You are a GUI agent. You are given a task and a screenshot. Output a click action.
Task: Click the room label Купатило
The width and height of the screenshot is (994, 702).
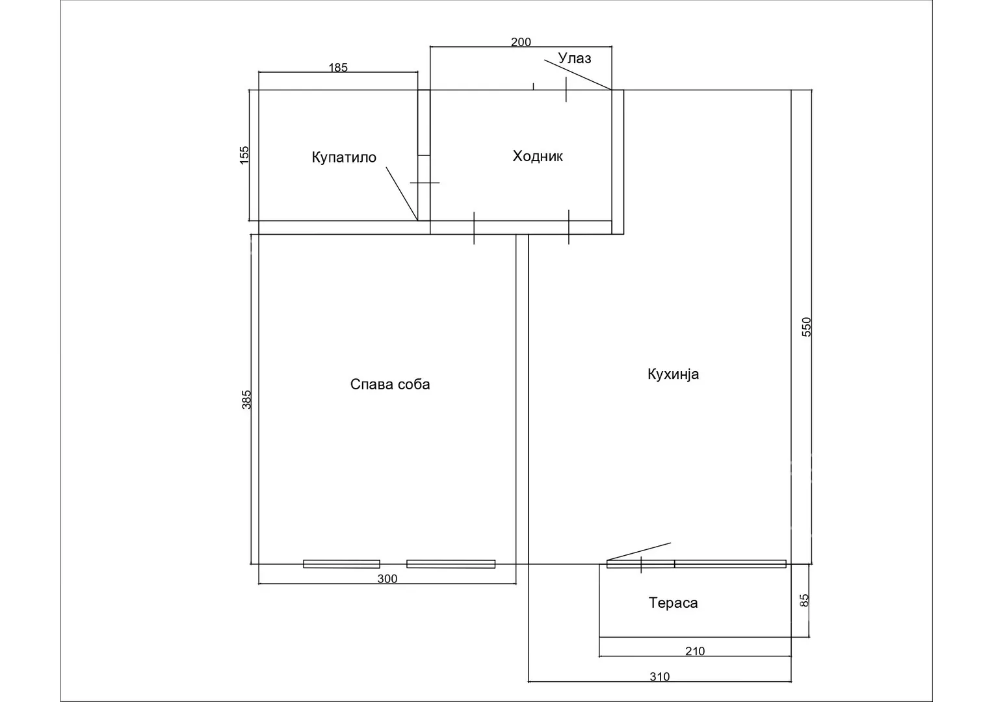[x=344, y=157]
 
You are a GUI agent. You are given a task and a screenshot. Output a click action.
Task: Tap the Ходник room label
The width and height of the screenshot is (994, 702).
[x=538, y=156]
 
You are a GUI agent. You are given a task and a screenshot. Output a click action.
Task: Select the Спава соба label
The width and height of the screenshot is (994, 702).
[x=390, y=384]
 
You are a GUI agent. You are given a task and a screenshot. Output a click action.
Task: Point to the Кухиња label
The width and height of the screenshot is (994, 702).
[x=673, y=374]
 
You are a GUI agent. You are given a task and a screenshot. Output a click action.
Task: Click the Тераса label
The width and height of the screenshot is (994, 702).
[x=673, y=603]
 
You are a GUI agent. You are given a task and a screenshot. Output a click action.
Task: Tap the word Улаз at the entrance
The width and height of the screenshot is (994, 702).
[x=575, y=58]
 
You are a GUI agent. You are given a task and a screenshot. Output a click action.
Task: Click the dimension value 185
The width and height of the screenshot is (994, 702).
[x=337, y=68]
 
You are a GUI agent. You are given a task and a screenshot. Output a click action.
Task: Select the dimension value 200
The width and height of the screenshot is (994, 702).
[x=521, y=42]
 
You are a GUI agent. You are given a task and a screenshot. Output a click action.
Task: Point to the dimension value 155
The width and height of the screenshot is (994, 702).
[x=244, y=155]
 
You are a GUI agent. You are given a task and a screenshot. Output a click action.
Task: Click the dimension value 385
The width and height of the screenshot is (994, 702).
[x=246, y=399]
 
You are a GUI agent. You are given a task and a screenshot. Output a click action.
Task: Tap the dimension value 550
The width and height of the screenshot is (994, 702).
[x=806, y=327]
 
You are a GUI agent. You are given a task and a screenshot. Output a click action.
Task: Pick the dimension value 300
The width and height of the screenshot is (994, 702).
[x=387, y=578]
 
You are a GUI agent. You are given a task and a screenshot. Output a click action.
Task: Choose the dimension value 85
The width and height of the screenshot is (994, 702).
[x=804, y=601]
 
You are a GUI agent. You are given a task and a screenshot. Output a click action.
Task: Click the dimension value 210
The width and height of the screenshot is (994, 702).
[x=695, y=651]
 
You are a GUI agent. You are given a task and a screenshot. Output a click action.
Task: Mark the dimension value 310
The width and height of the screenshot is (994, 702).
[x=659, y=676]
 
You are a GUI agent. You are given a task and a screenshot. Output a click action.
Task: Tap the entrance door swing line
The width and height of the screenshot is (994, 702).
[x=578, y=75]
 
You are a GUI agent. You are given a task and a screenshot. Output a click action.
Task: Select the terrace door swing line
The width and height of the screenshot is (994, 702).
[x=638, y=551]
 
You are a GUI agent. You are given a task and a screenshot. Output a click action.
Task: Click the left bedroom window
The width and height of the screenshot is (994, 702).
[x=342, y=564]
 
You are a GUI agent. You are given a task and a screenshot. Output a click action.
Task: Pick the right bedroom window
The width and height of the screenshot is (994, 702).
[x=451, y=564]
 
